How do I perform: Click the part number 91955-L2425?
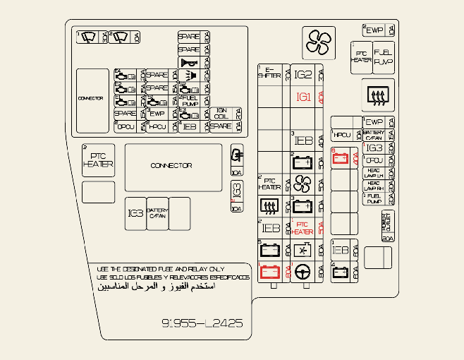202,323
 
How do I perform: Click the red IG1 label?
303,97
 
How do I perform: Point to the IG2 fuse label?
303,74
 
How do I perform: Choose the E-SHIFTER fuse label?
269,73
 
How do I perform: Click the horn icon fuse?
189,63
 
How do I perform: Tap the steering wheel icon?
303,271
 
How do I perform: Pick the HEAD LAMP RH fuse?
374,186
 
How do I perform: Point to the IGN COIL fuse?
221,113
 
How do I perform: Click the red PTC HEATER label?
303,227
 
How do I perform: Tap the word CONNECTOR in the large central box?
171,166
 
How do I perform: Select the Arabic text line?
156,287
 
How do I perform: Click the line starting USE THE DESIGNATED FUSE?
160,269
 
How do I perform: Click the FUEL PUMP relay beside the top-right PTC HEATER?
384,57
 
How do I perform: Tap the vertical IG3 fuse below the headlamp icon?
237,191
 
